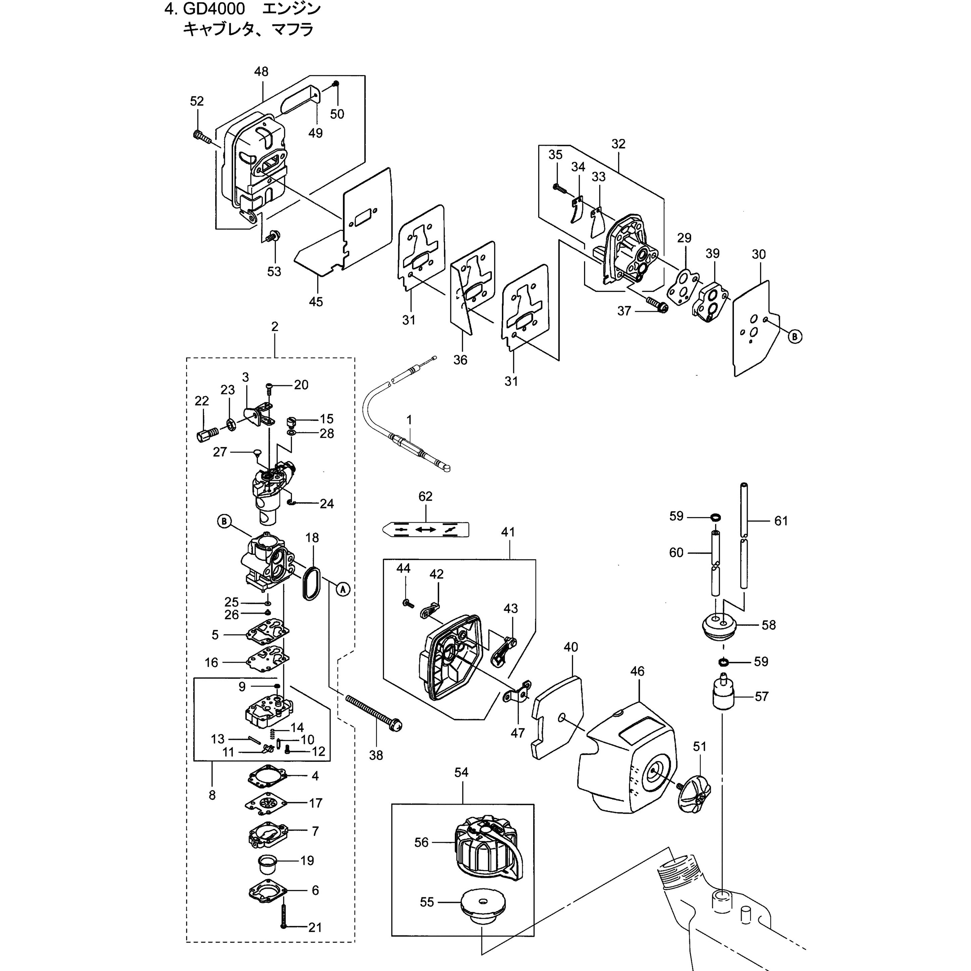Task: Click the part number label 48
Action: coord(261,71)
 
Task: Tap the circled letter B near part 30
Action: coord(795,336)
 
